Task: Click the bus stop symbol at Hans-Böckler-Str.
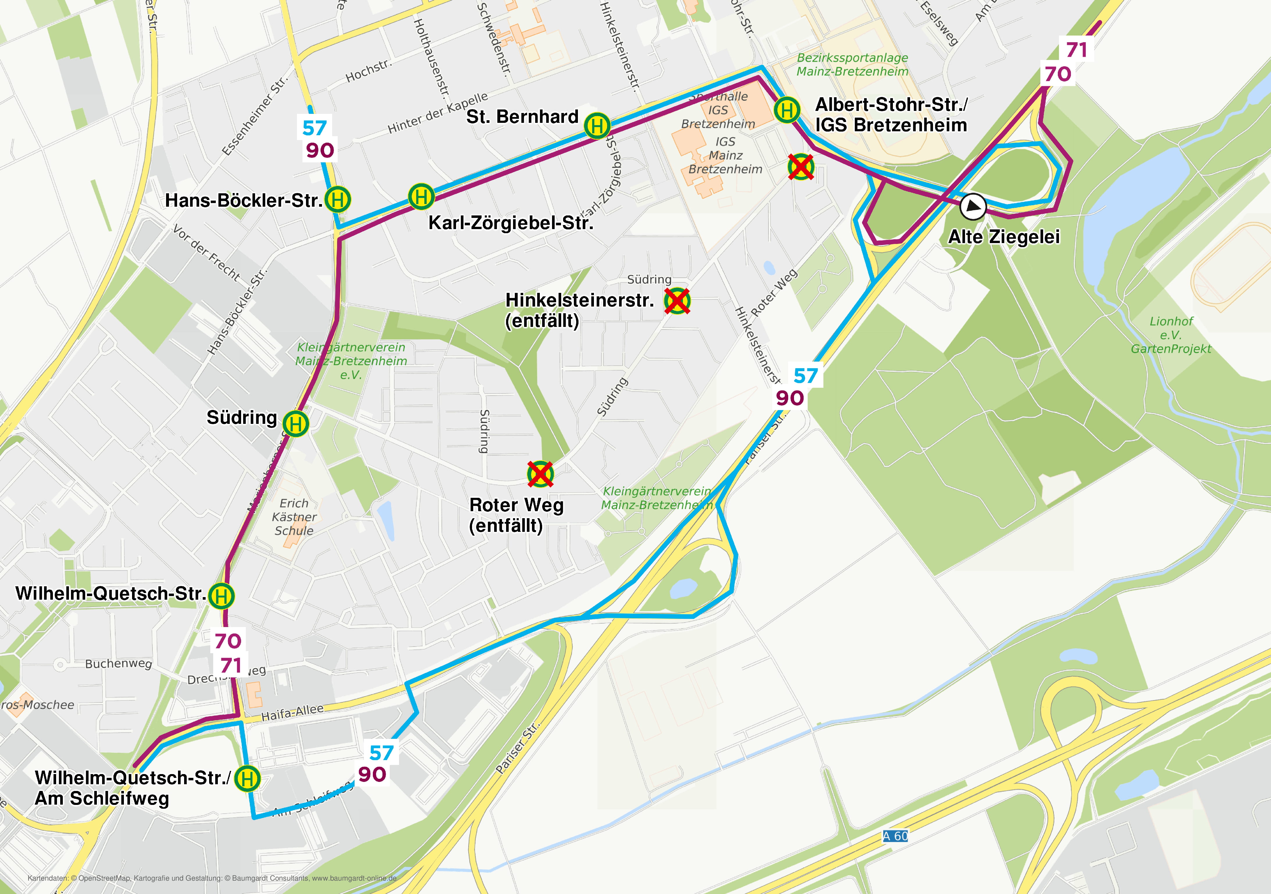338,200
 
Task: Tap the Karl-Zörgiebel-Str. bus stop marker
421,196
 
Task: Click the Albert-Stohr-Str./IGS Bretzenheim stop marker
787,110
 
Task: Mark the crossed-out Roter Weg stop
540,474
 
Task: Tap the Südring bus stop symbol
296,424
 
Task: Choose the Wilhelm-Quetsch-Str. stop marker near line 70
221,596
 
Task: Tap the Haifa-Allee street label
292,712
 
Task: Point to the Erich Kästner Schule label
294,517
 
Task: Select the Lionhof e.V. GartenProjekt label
1171,335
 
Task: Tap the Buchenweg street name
118,663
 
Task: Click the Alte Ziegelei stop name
1004,237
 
